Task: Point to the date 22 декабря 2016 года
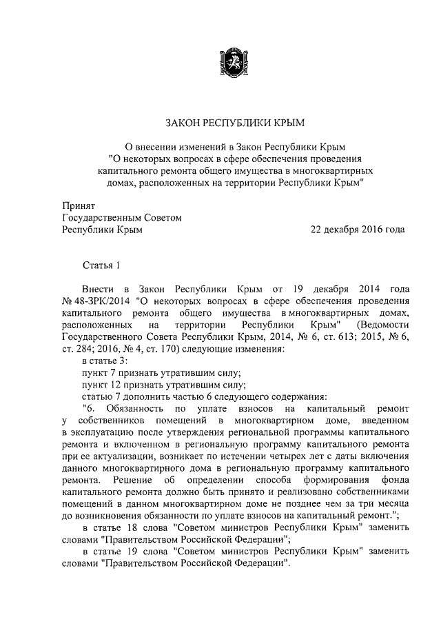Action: tap(358, 230)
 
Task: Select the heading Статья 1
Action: tap(101, 265)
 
